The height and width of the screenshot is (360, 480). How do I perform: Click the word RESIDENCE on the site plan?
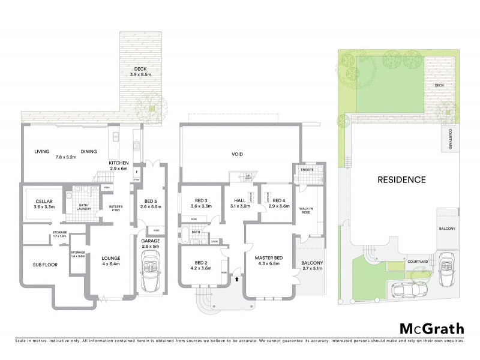(x=401, y=179)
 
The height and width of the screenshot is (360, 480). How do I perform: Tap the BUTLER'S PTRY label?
(x=116, y=207)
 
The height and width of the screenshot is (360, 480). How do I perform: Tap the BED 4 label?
(x=278, y=201)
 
